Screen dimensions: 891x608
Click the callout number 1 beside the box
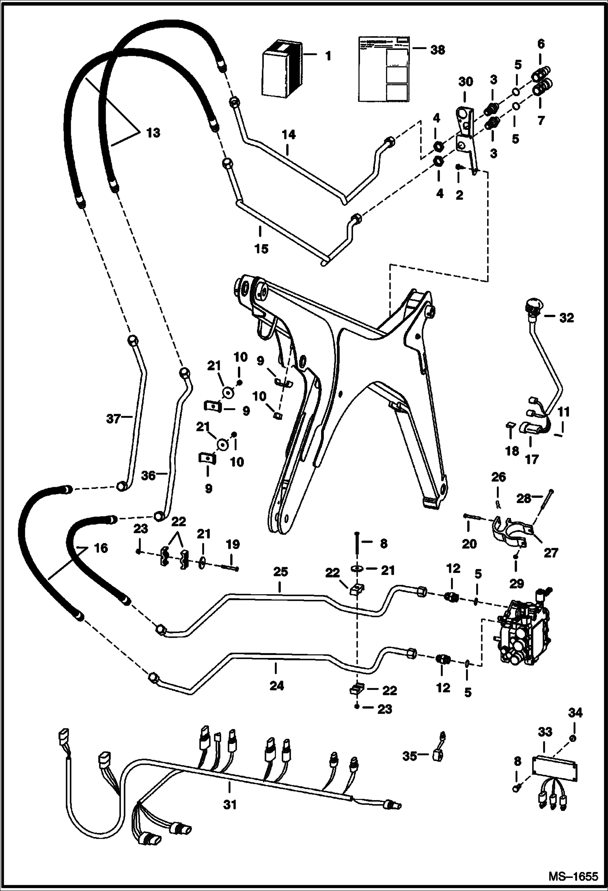[x=328, y=56]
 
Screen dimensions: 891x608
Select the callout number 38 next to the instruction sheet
[x=437, y=50]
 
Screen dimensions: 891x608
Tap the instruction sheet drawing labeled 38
[x=383, y=69]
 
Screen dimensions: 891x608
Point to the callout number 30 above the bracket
[x=466, y=82]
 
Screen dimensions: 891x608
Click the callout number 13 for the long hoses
[x=153, y=133]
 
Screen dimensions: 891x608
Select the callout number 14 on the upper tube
[x=289, y=135]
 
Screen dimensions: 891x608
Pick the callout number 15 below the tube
[x=261, y=248]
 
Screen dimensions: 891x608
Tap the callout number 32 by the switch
[x=566, y=318]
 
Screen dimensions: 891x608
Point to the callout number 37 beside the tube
[x=114, y=418]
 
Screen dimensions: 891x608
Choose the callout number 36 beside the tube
[x=149, y=475]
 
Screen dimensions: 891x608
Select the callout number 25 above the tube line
[x=280, y=572]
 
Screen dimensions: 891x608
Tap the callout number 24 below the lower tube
[x=277, y=686]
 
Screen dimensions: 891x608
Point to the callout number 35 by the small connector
[x=410, y=755]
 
